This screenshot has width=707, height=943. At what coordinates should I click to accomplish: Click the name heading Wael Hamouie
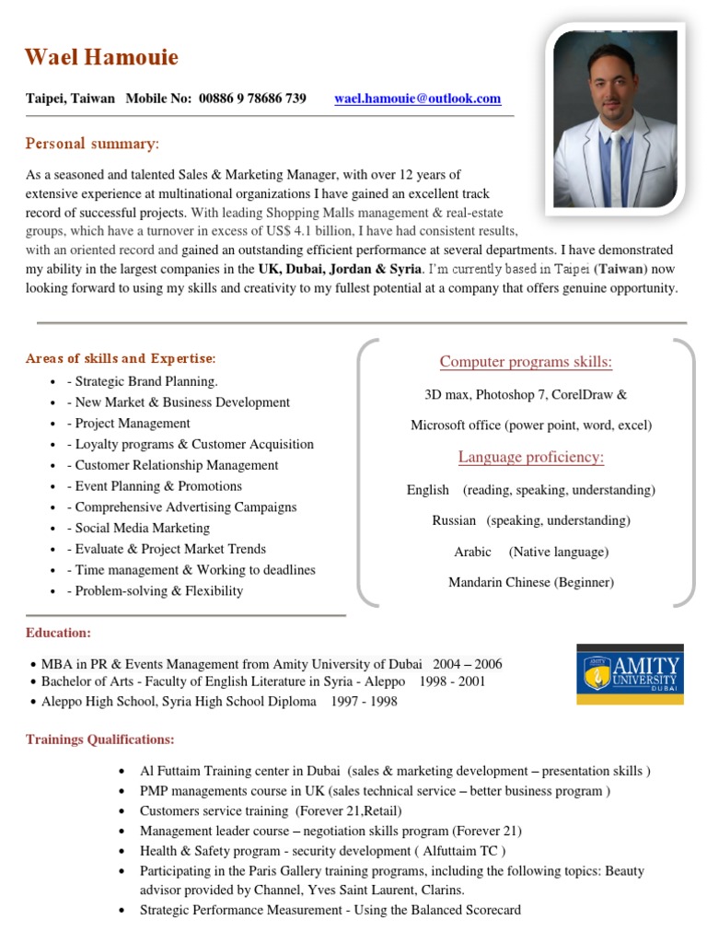(101, 58)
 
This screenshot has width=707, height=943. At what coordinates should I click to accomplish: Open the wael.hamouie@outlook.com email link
(417, 99)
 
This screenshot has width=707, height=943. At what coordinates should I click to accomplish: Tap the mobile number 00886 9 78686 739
(252, 99)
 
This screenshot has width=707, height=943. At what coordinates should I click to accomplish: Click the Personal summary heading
(92, 144)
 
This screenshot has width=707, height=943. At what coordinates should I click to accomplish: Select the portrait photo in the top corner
(614, 118)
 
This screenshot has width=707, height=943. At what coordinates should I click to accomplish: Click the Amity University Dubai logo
(630, 674)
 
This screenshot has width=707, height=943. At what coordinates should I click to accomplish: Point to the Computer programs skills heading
(526, 362)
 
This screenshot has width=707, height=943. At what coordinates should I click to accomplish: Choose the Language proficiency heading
(531, 458)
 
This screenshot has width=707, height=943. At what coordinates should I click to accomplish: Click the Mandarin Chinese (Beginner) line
(531, 583)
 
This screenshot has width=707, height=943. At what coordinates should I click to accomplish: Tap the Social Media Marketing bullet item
(142, 529)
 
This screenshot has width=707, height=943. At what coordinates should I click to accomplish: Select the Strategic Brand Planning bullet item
(145, 381)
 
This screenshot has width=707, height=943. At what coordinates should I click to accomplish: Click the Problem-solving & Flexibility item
(158, 591)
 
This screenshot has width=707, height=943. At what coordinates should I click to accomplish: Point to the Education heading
(58, 634)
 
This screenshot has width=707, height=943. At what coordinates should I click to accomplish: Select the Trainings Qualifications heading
(99, 739)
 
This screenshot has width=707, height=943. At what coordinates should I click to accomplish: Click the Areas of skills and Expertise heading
(121, 358)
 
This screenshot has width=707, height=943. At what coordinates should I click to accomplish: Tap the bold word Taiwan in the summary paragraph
(620, 269)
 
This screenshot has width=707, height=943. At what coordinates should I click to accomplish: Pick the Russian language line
(531, 521)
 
